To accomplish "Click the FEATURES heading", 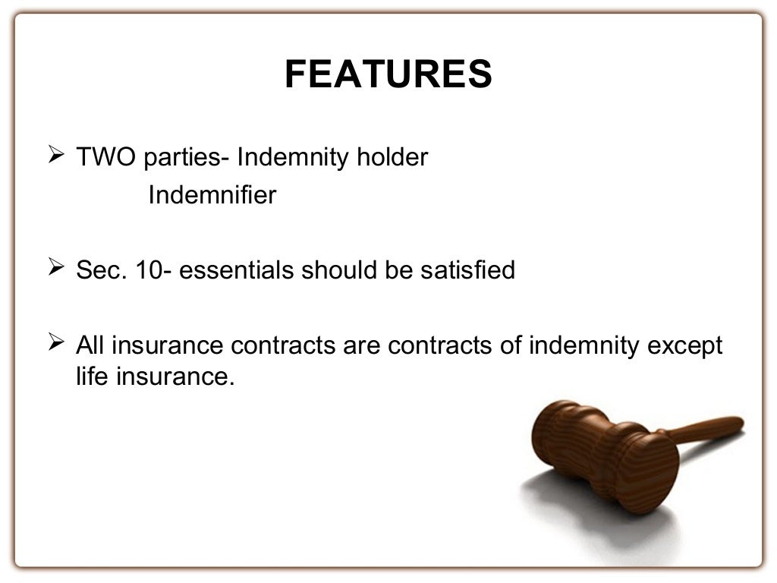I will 388,74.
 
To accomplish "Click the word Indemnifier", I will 212,195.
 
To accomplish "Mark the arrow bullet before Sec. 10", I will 55,268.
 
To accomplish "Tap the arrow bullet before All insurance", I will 55,344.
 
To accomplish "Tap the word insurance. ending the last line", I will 175,376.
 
